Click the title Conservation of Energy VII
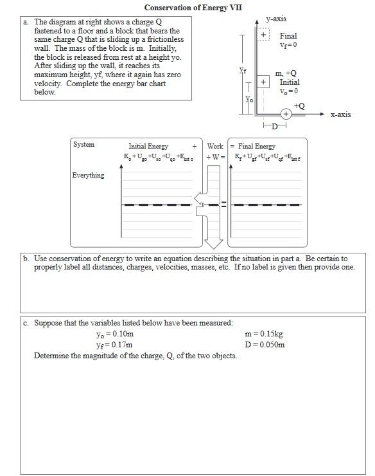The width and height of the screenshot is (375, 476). (193, 8)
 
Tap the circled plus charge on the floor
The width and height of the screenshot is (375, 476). (286, 114)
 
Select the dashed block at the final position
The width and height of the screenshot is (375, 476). (263, 34)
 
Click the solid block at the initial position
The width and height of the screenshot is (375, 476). (263, 82)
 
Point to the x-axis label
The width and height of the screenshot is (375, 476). (340, 114)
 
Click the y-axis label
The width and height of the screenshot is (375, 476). (276, 19)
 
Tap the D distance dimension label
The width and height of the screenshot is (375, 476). (274, 126)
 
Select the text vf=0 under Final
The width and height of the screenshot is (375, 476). (288, 45)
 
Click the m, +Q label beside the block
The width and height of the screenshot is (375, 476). (286, 73)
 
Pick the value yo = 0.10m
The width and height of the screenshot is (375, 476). (115, 334)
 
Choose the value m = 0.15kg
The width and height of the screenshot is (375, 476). (264, 334)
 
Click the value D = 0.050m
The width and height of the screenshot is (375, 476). (265, 345)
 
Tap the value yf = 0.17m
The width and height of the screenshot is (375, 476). (114, 345)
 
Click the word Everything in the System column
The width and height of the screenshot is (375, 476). (88, 175)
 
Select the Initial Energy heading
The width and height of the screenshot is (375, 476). (148, 146)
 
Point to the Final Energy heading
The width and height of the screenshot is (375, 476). (257, 146)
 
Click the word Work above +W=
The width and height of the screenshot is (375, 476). (215, 146)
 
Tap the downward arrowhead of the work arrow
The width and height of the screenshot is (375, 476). (214, 244)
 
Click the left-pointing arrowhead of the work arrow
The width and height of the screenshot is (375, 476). (198, 198)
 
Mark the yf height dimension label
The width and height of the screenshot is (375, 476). (243, 70)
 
